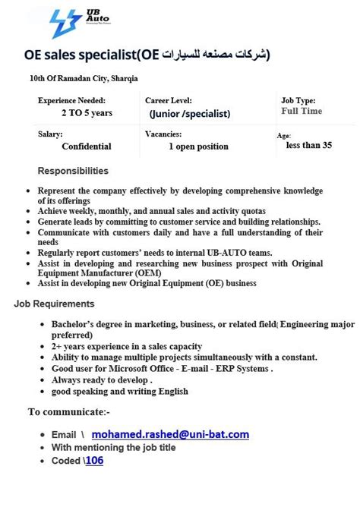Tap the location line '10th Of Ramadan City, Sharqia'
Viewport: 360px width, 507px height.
(84, 78)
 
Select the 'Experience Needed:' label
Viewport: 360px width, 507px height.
(71, 100)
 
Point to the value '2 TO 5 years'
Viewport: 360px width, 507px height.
(87, 113)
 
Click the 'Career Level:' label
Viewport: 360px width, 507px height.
(169, 100)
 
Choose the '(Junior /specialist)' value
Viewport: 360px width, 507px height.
(190, 114)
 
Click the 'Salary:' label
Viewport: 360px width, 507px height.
(50, 134)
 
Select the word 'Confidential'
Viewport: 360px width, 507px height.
(87, 146)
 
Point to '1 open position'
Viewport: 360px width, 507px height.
(198, 146)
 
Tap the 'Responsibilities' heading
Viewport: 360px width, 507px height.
(73, 171)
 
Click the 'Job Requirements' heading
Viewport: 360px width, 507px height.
(54, 304)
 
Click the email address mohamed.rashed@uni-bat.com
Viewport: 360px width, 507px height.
(170, 434)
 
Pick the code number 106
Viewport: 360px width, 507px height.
(94, 460)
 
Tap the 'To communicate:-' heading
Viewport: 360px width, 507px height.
(68, 412)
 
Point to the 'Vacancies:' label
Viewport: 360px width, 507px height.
(163, 134)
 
